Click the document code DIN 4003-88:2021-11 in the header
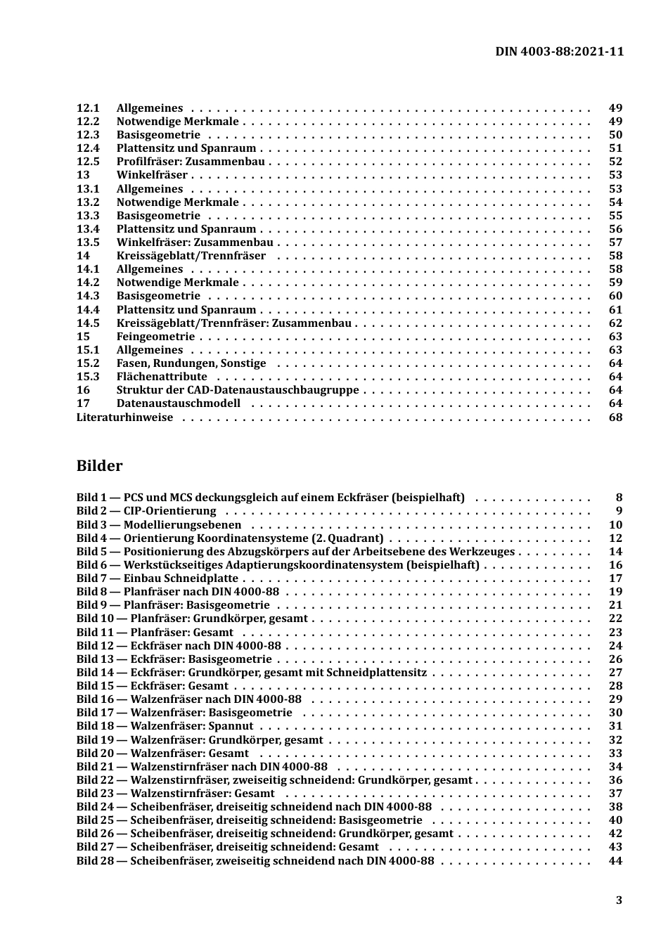coord(559,51)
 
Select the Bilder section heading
coord(99,466)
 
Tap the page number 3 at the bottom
coord(619,900)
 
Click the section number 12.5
coord(88,162)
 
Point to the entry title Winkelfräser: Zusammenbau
coord(195,243)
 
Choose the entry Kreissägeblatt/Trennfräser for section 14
coord(191,256)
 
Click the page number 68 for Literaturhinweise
coord(615,417)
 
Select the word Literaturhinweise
coord(124,417)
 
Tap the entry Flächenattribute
coord(162,377)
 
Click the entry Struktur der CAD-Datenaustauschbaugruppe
coord(238,390)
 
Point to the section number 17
coord(83,403)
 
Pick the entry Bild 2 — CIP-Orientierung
coord(146,511)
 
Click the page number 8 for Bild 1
coord(619,498)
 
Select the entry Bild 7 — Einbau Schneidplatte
coord(158,578)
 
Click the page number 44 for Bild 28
coord(615,860)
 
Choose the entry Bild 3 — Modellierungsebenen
coord(159,524)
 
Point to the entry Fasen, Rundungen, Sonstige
coord(191,363)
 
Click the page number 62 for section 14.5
coord(615,323)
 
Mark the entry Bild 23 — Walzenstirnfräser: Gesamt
coord(176,794)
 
